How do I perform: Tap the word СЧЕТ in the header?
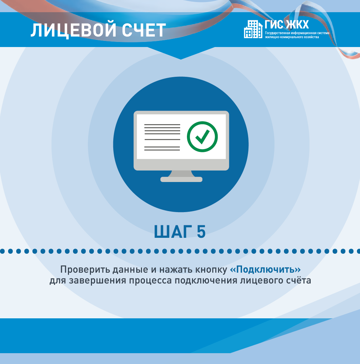(x=144, y=30)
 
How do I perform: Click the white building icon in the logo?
(x=253, y=29)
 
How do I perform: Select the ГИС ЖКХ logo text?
(x=287, y=25)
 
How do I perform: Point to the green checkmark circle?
(x=202, y=137)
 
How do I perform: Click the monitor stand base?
(x=182, y=179)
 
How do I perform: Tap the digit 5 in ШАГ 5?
(x=201, y=231)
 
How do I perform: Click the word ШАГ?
(x=173, y=231)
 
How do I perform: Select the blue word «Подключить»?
(x=265, y=270)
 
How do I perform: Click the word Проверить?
(x=85, y=270)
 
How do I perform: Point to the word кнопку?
(x=211, y=270)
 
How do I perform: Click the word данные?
(x=130, y=270)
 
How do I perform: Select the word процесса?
(x=150, y=281)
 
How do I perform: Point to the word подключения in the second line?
(x=206, y=280)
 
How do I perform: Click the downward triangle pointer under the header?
(x=181, y=53)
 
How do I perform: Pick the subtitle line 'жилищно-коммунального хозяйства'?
(x=292, y=37)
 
